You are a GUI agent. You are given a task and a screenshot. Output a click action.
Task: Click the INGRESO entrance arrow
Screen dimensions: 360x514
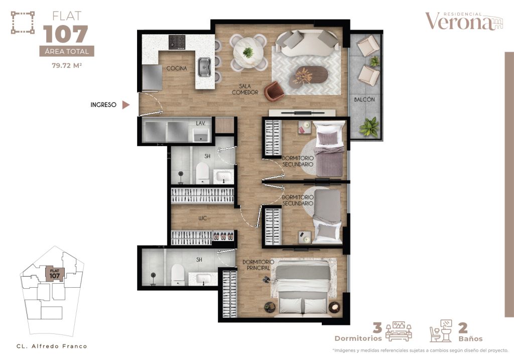(x=126, y=105)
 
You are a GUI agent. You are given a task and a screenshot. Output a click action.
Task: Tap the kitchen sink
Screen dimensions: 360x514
(x=204, y=67)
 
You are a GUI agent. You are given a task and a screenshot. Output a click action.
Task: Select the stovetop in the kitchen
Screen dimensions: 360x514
(x=177, y=41)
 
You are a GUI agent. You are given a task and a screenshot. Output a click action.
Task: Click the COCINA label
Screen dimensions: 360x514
(x=177, y=68)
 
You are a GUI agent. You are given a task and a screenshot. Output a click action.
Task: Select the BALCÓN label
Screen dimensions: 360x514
(x=364, y=100)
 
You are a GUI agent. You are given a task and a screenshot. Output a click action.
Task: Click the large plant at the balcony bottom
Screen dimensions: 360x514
(x=369, y=127)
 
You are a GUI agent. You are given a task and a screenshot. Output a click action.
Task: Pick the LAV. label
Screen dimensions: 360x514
(x=200, y=123)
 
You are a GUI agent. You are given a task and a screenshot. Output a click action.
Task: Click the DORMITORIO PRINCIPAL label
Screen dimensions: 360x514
(x=256, y=265)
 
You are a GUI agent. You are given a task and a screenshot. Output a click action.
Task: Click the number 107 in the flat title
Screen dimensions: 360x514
(x=66, y=34)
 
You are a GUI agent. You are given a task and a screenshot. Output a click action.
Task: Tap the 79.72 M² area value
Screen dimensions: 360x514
(x=66, y=65)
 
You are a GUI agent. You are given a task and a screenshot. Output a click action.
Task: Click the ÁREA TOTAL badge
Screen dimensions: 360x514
(x=66, y=51)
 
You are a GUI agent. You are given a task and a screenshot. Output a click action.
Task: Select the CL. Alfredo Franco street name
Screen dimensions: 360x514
(x=52, y=346)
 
